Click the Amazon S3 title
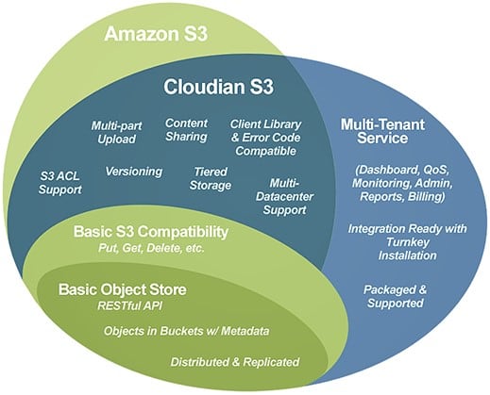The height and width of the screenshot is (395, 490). point(156,34)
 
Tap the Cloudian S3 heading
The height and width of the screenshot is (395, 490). point(218,87)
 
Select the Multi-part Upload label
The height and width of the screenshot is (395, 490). point(116,133)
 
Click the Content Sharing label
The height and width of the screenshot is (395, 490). point(186,130)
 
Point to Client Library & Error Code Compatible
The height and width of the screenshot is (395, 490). point(265,138)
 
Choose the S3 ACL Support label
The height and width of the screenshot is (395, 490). point(59,183)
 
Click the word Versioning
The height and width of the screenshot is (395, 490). point(134,172)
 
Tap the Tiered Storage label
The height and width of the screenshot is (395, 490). point(211,178)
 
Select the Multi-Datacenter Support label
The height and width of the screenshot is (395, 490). point(284,197)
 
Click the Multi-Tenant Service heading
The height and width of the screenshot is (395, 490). point(382,131)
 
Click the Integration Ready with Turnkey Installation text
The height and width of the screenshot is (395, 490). point(408,242)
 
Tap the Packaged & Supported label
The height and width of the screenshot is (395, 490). point(396,296)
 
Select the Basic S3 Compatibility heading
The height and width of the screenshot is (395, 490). point(151,232)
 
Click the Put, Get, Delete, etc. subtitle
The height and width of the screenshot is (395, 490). point(151,248)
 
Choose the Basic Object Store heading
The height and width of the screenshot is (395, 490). point(122,289)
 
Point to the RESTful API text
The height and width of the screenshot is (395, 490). point(130,305)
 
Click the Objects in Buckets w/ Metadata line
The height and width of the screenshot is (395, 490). point(186,331)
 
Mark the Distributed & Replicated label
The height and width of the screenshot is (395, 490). point(235,362)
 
